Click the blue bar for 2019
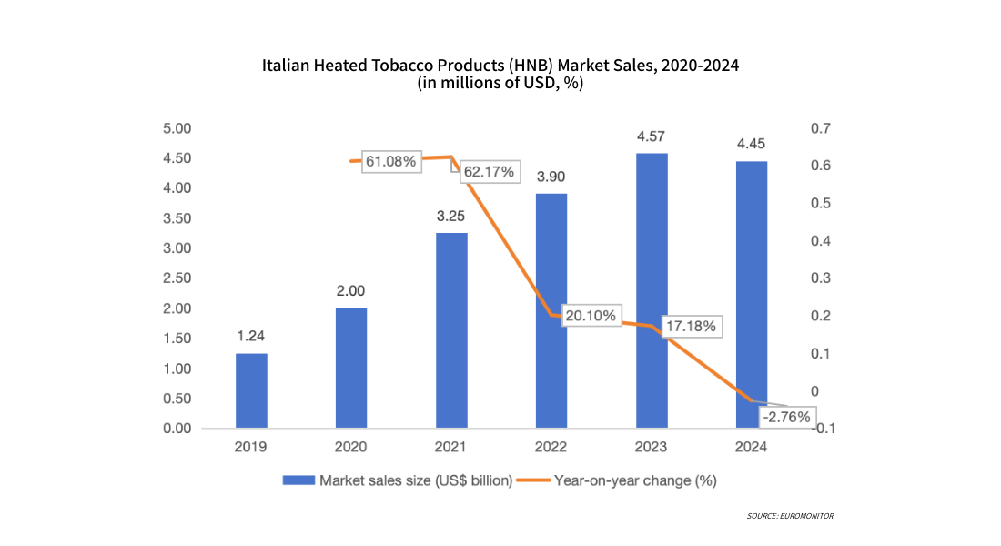pyautogui.click(x=251, y=390)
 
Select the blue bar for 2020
pyautogui.click(x=351, y=368)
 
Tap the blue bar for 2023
pyautogui.click(x=652, y=290)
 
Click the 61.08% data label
pyautogui.click(x=391, y=162)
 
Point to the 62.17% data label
pyautogui.click(x=489, y=171)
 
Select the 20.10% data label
pyautogui.click(x=590, y=316)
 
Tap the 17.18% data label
pyautogui.click(x=690, y=325)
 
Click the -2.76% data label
pyautogui.click(x=787, y=417)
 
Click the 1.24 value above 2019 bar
pyautogui.click(x=251, y=336)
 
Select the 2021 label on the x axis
pyautogui.click(x=451, y=447)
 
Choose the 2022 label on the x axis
pyautogui.click(x=551, y=447)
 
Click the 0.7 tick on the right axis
pyautogui.click(x=820, y=128)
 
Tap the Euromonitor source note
pyautogui.click(x=790, y=516)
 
